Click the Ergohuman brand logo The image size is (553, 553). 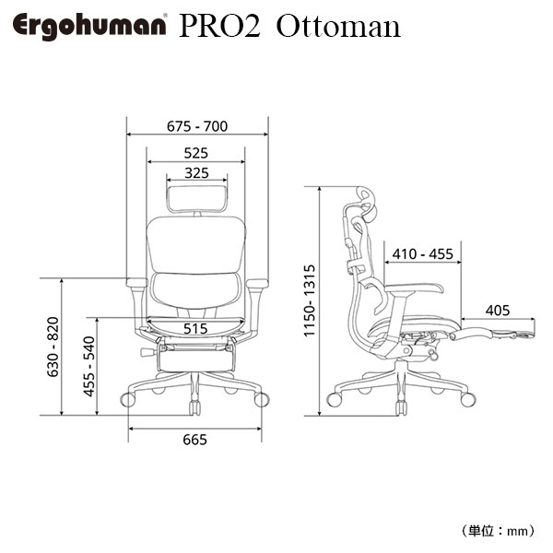[89, 27]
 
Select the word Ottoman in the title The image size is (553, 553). [338, 27]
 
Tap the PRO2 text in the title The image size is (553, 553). [220, 27]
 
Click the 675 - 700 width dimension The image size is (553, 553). [197, 126]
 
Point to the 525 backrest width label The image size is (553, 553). [196, 153]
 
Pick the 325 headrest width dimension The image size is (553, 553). [197, 173]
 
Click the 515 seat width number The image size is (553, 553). [195, 329]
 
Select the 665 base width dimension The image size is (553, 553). [195, 440]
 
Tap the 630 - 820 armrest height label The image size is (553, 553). [53, 347]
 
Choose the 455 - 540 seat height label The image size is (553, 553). [88, 367]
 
